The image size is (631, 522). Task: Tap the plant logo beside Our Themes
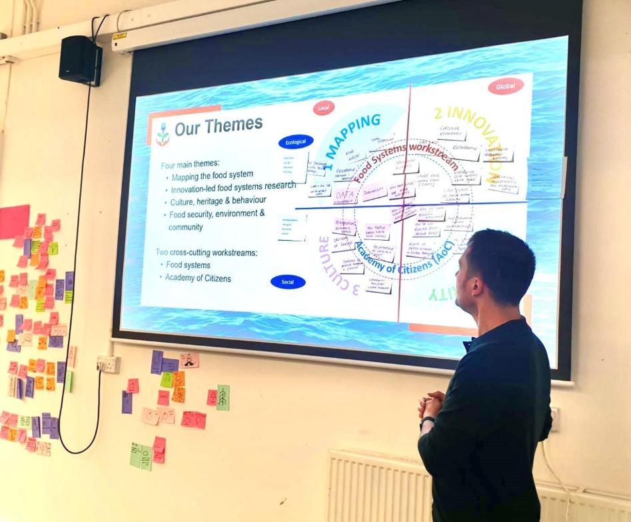(162, 134)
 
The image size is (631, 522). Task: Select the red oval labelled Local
(324, 107)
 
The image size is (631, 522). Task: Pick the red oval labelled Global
(506, 86)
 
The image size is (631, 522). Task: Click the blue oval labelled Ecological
(295, 141)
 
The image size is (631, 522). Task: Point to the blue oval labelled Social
(288, 282)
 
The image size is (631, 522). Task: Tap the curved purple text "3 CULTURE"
(333, 267)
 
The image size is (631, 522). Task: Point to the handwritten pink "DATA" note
(345, 195)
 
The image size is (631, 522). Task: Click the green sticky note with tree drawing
(223, 397)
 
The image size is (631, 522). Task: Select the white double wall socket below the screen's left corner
(108, 364)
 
